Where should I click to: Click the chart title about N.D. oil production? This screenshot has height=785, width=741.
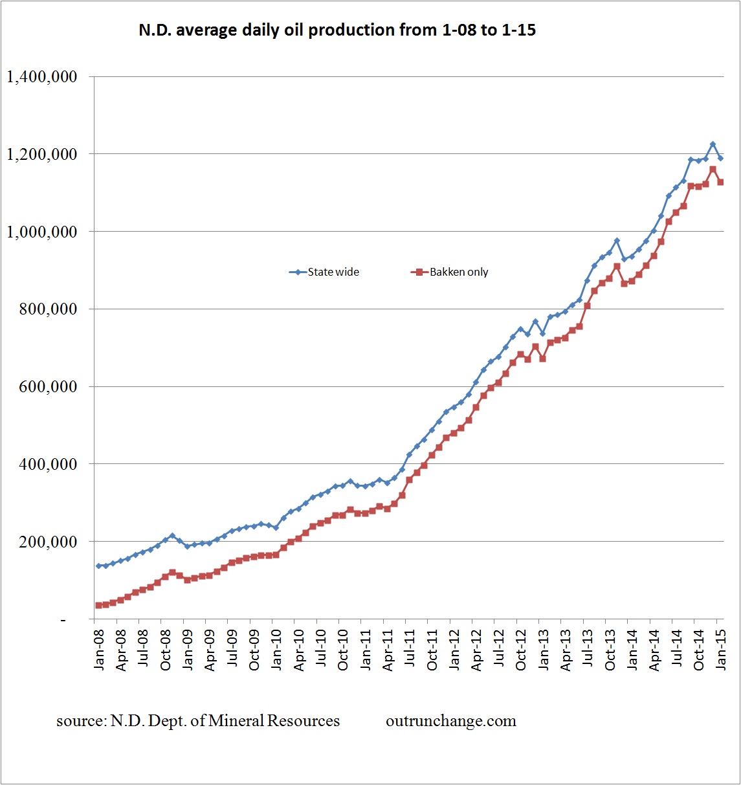click(x=337, y=30)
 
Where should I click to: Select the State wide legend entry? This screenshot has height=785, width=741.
click(x=325, y=272)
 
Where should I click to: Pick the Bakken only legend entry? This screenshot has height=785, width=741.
click(x=450, y=272)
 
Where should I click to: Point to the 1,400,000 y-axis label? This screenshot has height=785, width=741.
click(x=42, y=77)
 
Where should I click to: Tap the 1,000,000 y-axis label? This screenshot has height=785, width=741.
click(x=42, y=232)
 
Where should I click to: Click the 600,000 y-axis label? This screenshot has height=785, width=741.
click(x=49, y=387)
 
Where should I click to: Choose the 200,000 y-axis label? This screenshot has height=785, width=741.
click(x=49, y=542)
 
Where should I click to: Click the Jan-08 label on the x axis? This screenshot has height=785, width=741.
click(x=99, y=650)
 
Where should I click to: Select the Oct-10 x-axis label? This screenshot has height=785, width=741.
click(x=343, y=650)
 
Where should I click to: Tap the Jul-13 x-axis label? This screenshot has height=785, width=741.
click(x=587, y=650)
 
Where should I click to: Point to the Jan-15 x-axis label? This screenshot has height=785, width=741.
click(x=720, y=650)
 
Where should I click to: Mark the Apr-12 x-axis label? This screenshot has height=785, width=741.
click(x=476, y=650)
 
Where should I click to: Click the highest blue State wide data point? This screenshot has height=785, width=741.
click(x=713, y=144)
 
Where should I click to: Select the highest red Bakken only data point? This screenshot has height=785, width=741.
click(x=713, y=170)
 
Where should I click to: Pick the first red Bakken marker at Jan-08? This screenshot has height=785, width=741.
click(x=98, y=605)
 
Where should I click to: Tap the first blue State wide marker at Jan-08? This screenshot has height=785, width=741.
click(x=98, y=566)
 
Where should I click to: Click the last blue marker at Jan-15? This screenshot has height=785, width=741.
click(x=720, y=158)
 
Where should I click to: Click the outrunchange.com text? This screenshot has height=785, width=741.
click(x=451, y=721)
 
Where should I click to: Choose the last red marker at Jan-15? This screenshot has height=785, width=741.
click(x=720, y=182)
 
